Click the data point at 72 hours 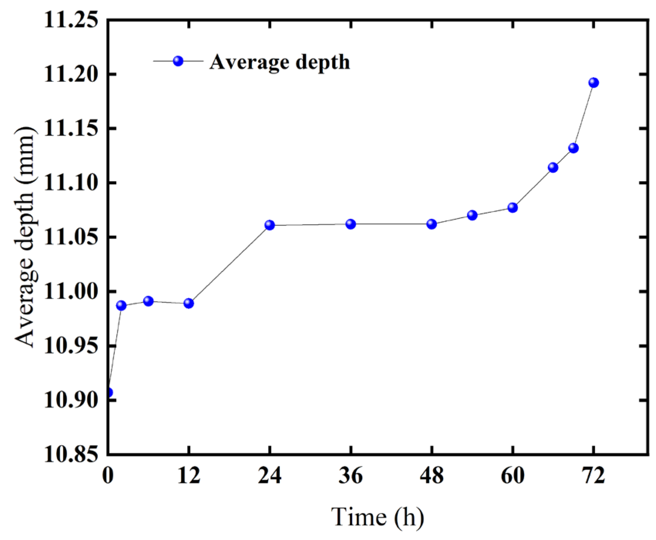(594, 82)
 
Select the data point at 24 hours (270, 225)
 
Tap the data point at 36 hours (350, 224)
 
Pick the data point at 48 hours (432, 224)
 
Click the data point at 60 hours (512, 207)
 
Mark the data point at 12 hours (188, 303)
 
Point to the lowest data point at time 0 (109, 393)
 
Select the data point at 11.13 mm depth (573, 148)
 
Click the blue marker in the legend (178, 61)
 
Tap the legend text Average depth (280, 62)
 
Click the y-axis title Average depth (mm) (26, 237)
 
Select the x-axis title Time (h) (378, 517)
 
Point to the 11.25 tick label (71, 20)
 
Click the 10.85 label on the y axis (71, 455)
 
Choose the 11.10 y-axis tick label (71, 183)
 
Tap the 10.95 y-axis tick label (71, 346)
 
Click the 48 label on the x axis (432, 476)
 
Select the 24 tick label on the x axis (270, 476)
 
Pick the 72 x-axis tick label (594, 476)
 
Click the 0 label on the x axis (108, 476)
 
